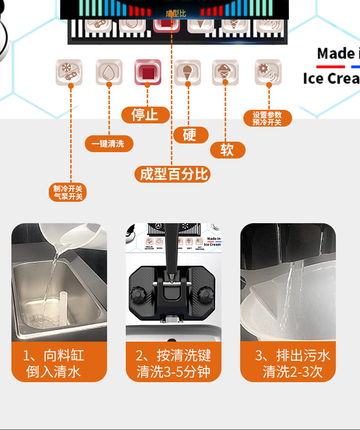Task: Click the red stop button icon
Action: [148, 72]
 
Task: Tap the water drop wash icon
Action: [109, 72]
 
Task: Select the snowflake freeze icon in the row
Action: [69, 72]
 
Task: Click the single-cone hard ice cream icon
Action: [187, 72]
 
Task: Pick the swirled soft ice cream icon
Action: [225, 72]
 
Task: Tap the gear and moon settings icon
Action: [268, 72]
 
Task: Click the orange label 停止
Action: [145, 115]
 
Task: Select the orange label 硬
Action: [190, 135]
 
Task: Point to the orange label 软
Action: [227, 150]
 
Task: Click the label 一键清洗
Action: [109, 144]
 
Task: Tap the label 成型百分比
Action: [173, 174]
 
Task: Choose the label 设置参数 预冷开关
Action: [267, 118]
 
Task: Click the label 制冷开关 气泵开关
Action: [68, 192]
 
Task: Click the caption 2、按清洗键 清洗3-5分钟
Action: [173, 363]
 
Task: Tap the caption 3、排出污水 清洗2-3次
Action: [288, 363]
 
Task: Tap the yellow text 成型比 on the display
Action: [175, 14]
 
